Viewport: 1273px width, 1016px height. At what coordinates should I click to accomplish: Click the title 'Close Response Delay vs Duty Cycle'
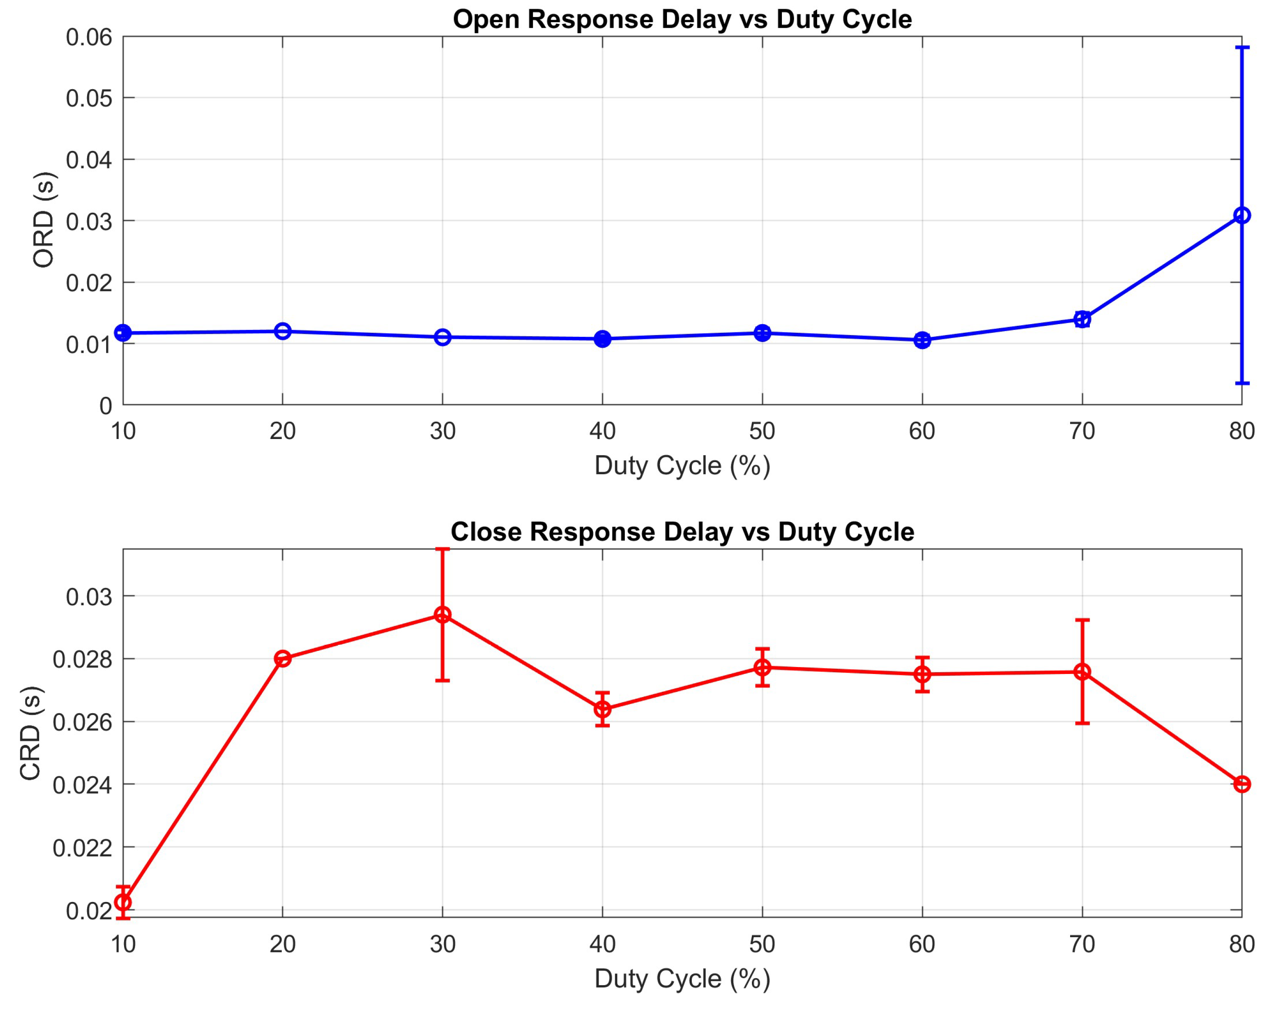tap(682, 532)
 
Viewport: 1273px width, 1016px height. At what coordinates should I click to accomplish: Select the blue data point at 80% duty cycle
tap(1242, 215)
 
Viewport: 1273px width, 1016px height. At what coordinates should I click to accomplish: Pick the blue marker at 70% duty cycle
tap(1082, 319)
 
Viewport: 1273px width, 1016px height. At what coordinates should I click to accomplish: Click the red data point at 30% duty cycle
tap(442, 615)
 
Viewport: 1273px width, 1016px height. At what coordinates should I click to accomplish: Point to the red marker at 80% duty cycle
tap(1242, 784)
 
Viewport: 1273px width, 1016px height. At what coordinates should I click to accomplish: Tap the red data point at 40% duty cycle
tap(602, 709)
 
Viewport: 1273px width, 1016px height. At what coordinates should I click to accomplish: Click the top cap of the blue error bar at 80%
tap(1242, 47)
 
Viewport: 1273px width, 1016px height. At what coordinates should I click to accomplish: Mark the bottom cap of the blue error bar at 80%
tap(1242, 383)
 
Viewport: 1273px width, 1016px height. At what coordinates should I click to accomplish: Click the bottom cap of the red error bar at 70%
tap(1082, 723)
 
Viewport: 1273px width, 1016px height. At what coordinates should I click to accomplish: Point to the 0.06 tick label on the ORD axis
tap(88, 37)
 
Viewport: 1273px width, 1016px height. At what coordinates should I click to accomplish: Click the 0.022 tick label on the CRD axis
tap(83, 848)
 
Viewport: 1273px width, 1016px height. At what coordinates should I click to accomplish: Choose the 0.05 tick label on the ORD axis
tap(88, 98)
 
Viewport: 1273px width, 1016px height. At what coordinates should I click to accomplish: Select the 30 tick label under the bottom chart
tap(442, 945)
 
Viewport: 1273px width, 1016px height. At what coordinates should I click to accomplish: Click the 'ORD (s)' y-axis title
tap(43, 220)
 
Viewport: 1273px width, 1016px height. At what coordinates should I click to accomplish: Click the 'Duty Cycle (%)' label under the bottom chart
tap(682, 979)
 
